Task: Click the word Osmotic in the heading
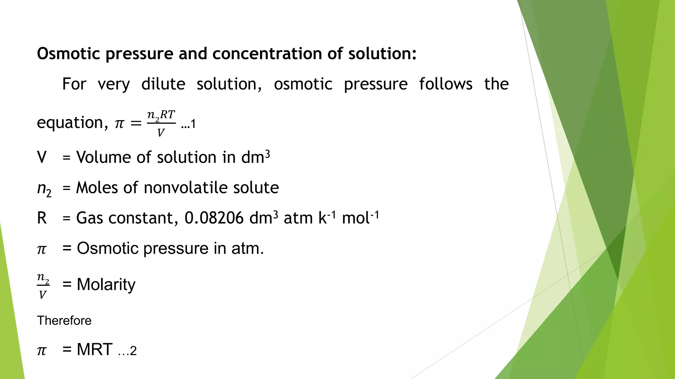coord(68,54)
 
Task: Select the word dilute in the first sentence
coord(163,84)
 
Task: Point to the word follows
coord(446,84)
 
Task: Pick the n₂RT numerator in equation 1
coord(161,115)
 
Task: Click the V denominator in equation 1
coord(161,133)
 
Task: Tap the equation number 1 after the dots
coord(193,124)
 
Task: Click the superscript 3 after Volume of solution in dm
coord(268,154)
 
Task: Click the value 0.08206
coord(214,218)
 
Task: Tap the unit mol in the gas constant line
coord(356,218)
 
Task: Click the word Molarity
coord(106,285)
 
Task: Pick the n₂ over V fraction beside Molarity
coord(43,286)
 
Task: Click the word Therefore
coord(64,320)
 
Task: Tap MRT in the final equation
coord(95,349)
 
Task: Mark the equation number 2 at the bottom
coord(133,351)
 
